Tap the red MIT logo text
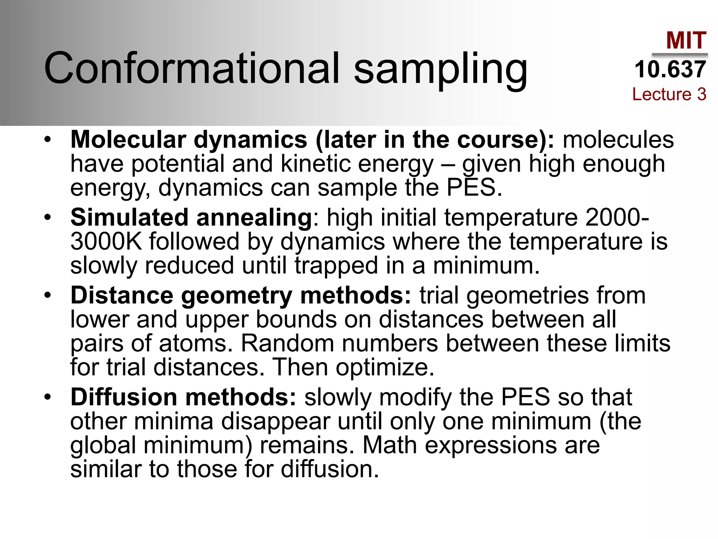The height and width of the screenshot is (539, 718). point(686,40)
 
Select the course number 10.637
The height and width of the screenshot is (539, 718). point(670,69)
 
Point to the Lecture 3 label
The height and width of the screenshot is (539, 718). point(669,94)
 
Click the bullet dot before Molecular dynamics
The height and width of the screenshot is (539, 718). point(48,140)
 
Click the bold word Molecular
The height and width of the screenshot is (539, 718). point(128,140)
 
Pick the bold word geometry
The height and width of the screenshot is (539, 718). point(236,296)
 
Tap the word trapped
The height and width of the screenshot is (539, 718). point(336,266)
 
